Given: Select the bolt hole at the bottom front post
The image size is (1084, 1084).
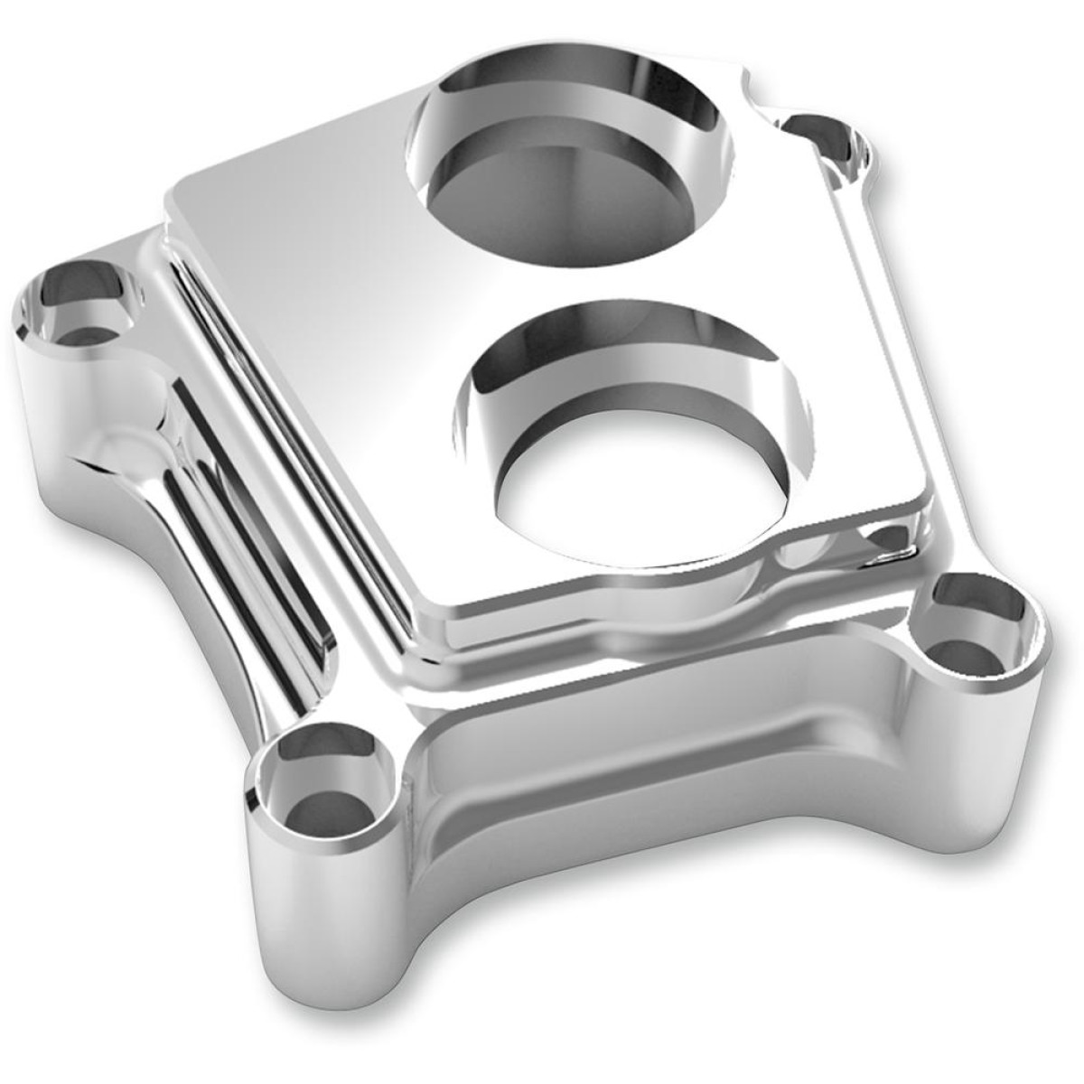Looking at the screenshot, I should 308,790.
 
